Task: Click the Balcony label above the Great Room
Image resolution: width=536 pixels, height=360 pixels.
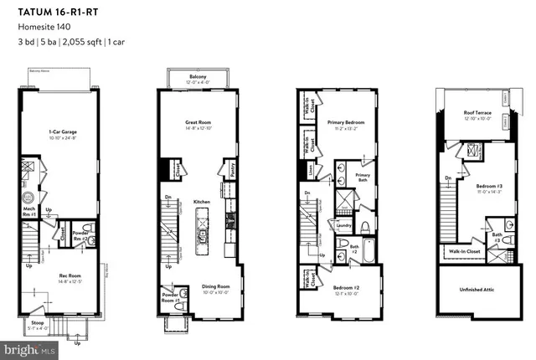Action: click(x=198, y=76)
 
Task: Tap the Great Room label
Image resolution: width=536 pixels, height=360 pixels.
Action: click(x=198, y=123)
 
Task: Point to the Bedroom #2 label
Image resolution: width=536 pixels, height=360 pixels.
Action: click(x=345, y=287)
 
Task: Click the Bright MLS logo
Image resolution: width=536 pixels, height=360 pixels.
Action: click(x=25, y=346)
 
